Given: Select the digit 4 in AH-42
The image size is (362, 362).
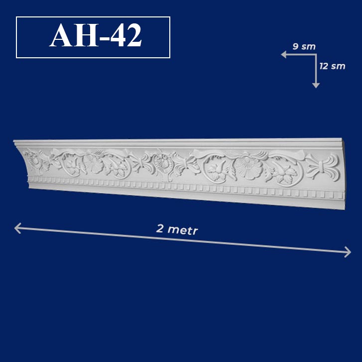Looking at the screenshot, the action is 118,35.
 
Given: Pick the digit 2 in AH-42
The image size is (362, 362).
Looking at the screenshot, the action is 134,35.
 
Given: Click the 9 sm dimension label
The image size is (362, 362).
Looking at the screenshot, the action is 304,47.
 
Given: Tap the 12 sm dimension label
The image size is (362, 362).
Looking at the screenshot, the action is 333,66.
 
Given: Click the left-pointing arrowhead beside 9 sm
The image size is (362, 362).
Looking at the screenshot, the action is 284,55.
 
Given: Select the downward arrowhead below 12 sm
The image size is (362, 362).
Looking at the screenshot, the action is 316,85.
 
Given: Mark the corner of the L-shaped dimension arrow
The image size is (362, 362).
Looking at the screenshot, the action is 316,55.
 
